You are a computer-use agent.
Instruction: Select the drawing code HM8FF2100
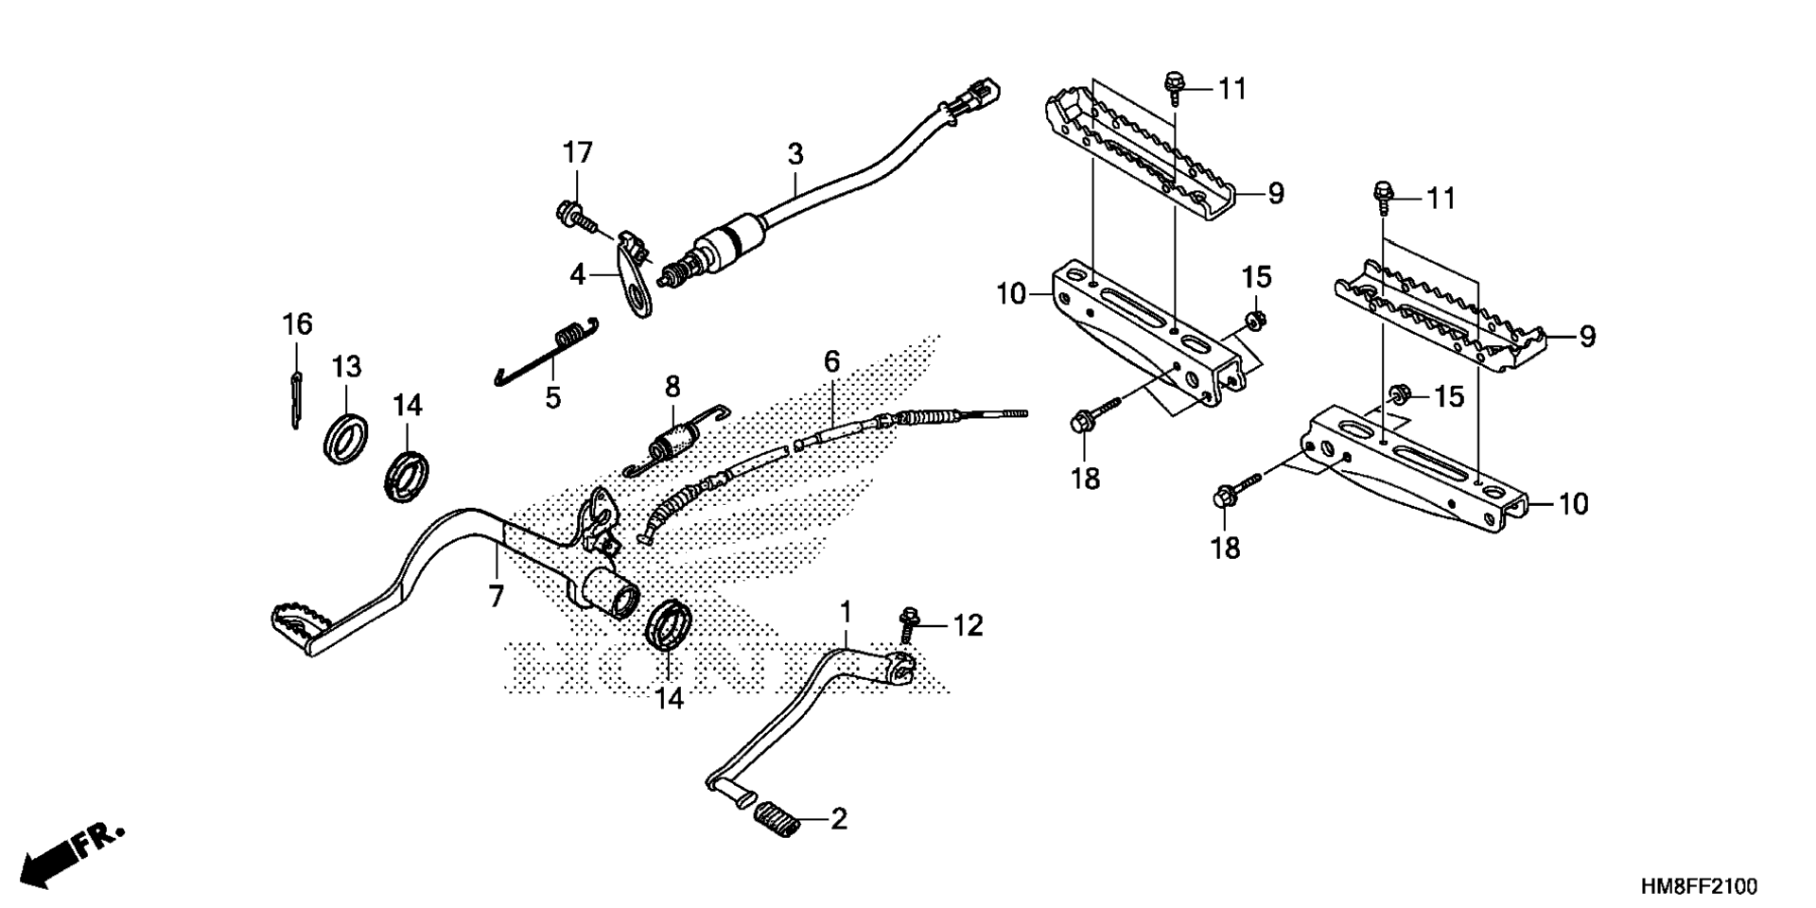coord(1699,886)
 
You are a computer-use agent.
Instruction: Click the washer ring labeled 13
coord(345,436)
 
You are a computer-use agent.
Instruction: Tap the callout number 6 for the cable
coord(831,360)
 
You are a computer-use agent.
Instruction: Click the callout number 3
coord(795,152)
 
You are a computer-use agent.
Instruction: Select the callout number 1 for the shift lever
coord(847,609)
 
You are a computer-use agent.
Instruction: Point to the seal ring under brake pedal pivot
coord(669,624)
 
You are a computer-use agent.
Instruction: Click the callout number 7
coord(496,596)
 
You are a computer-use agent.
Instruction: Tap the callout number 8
coord(672,386)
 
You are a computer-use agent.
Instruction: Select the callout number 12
coord(968,625)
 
